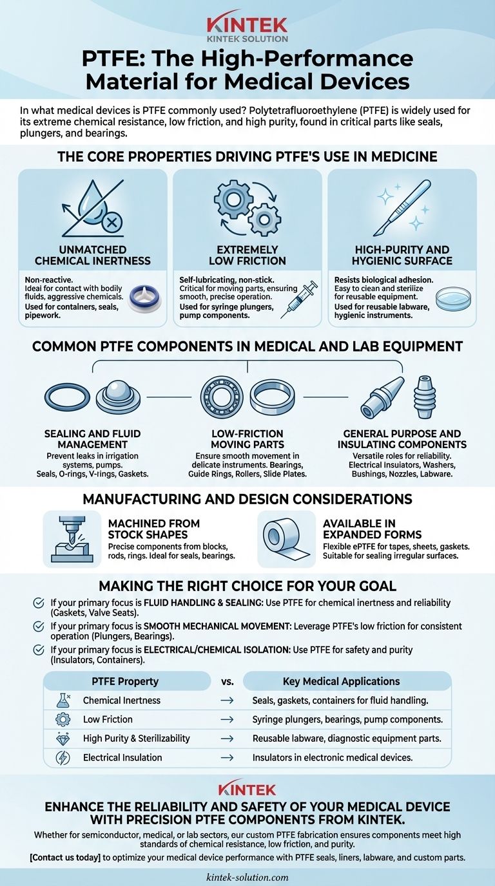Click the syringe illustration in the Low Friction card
(299, 299)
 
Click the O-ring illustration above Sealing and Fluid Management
(67, 397)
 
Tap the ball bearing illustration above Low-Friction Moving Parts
(222, 397)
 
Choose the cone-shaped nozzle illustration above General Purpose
(382, 397)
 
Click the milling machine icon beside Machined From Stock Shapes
(72, 539)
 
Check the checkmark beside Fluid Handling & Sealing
(39, 603)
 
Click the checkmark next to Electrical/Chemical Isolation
(39, 650)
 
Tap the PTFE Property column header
(125, 681)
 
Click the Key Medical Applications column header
(342, 681)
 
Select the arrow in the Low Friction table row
(227, 719)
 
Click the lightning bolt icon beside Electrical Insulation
(63, 757)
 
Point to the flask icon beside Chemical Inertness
(63, 700)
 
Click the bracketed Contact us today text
(65, 858)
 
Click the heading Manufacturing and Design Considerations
(247, 499)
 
